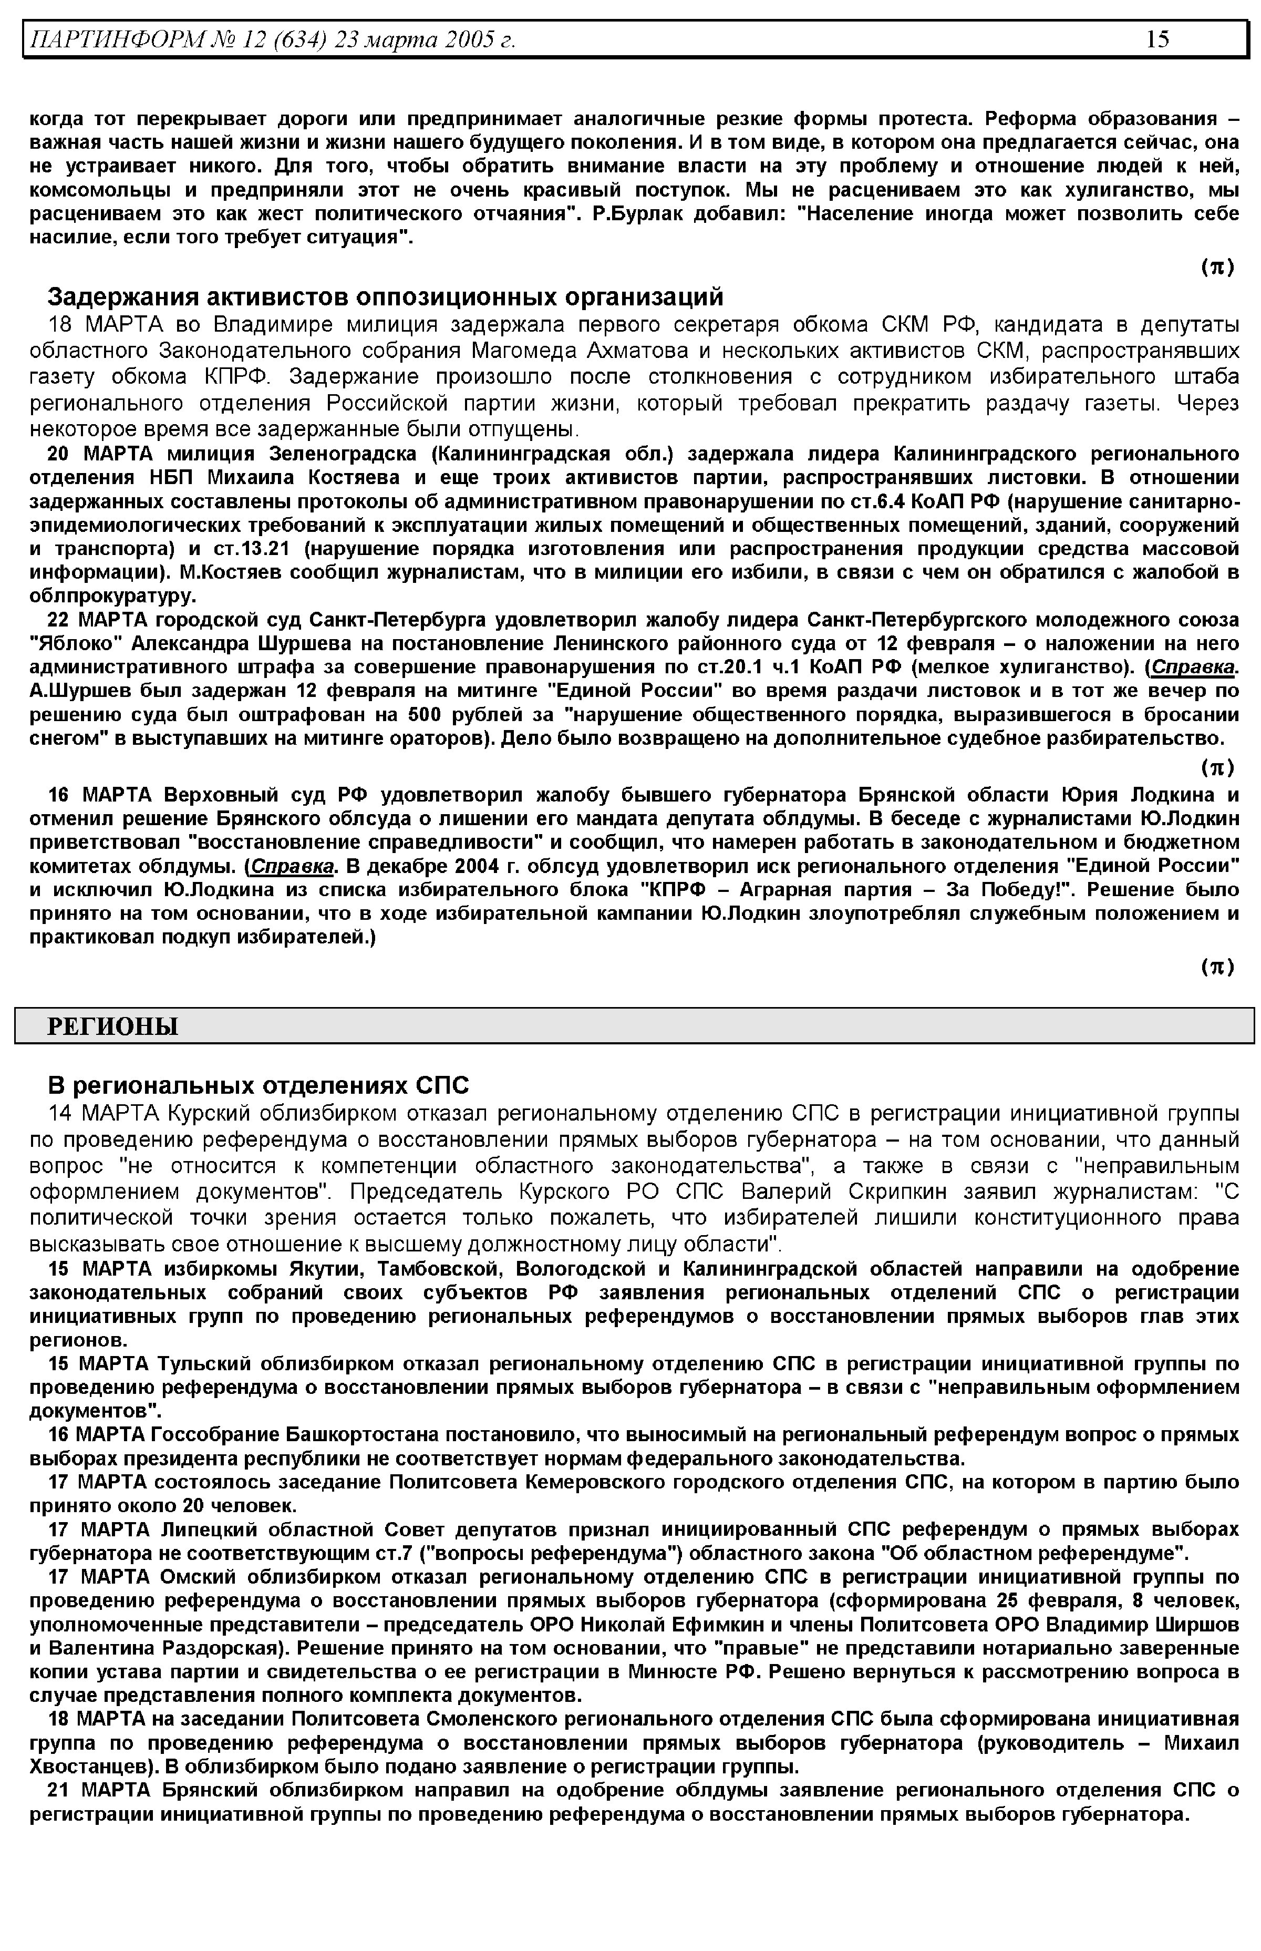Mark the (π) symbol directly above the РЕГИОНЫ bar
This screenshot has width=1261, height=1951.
[1217, 967]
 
